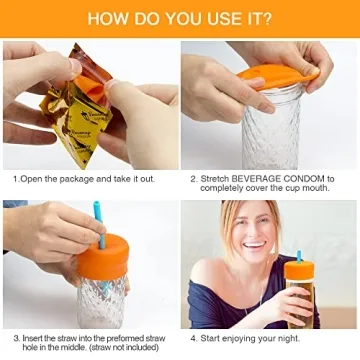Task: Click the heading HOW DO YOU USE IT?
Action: click(180, 17)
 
